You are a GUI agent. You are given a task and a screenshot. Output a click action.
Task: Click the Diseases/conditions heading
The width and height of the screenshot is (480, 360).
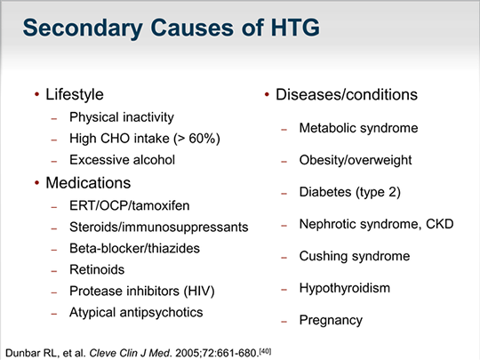pos(347,94)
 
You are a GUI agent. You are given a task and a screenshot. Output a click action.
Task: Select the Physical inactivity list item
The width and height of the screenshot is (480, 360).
pos(121,117)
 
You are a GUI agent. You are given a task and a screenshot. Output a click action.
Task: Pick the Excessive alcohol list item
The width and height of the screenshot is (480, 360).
pos(122,160)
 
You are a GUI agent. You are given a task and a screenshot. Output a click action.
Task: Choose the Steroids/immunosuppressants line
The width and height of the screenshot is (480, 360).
pos(158,227)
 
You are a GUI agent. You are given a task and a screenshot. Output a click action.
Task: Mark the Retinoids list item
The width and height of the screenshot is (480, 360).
pos(97,269)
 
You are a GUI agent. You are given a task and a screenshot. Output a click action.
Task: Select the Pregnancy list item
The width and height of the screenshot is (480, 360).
pos(331,320)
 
